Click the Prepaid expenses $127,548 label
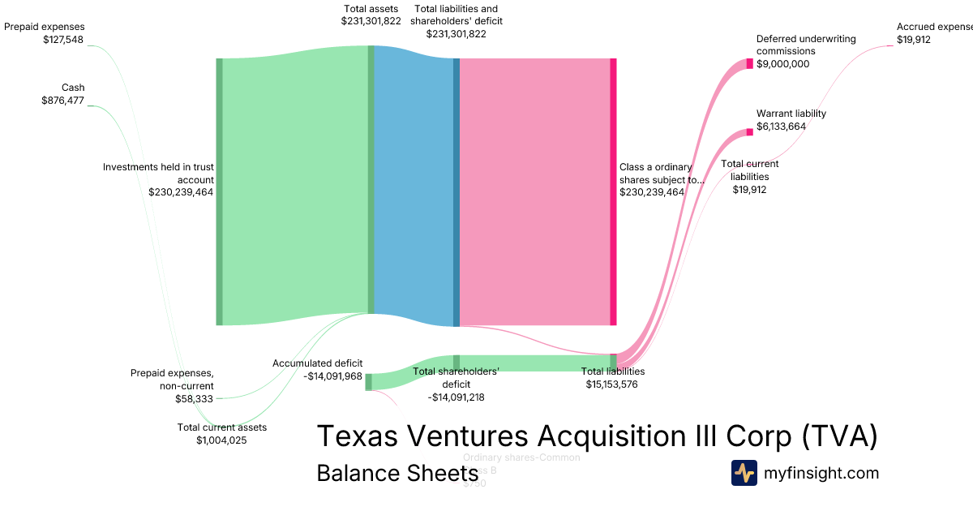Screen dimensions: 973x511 pyautogui.click(x=44, y=32)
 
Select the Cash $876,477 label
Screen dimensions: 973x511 pyautogui.click(x=63, y=94)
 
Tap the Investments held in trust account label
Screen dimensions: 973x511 pyautogui.click(x=158, y=179)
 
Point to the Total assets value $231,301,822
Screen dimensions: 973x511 pyautogui.click(x=371, y=21)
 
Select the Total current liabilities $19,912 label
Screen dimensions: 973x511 pyautogui.click(x=750, y=177)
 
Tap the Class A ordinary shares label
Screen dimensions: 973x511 pyautogui.click(x=661, y=179)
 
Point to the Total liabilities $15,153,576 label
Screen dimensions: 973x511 pyautogui.click(x=613, y=378)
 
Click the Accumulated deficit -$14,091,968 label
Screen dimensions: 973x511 pyautogui.click(x=317, y=370)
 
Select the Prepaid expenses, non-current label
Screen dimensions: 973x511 pyautogui.click(x=172, y=385)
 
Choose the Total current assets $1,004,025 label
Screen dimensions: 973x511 pyautogui.click(x=221, y=433)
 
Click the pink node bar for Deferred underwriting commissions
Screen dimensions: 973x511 pyautogui.click(x=750, y=64)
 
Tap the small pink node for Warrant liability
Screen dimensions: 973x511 pyautogui.click(x=750, y=132)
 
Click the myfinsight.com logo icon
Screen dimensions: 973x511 pyautogui.click(x=744, y=473)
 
